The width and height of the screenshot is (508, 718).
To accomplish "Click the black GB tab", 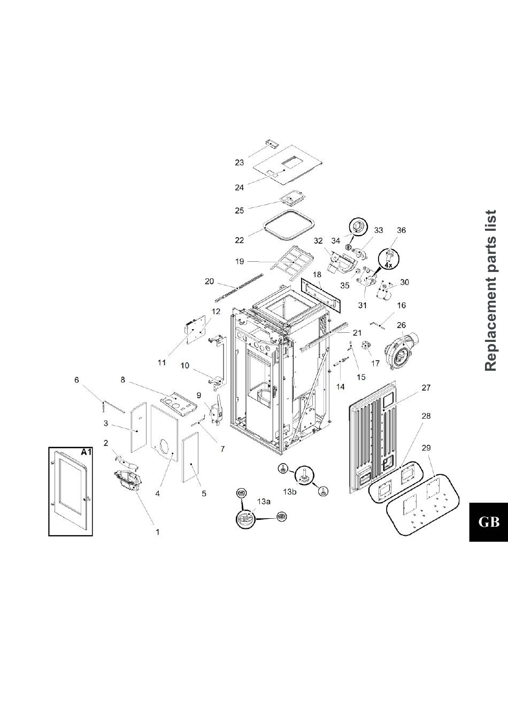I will point(488,522).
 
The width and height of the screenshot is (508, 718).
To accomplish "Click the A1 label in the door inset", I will point(86,452).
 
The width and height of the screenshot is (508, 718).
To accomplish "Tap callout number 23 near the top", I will point(239,162).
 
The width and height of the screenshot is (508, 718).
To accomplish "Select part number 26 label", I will point(402,325).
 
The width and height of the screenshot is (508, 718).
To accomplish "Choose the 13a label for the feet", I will point(264,502).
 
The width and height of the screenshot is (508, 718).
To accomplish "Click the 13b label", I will point(289,491).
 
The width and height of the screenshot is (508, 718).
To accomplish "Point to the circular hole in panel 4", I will point(165,447).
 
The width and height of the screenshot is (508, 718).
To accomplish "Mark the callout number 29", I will point(426,447).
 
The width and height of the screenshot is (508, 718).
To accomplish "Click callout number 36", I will point(401,230).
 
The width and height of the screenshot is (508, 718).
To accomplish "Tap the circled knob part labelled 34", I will point(357,228).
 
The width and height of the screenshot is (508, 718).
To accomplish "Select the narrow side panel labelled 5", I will point(190,458).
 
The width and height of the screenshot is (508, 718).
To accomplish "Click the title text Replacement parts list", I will point(490,290).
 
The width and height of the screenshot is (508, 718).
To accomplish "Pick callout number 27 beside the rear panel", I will point(426,388).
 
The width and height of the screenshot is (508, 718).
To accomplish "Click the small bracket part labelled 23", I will point(273,143).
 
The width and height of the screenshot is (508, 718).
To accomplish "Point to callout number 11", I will point(161,362).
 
